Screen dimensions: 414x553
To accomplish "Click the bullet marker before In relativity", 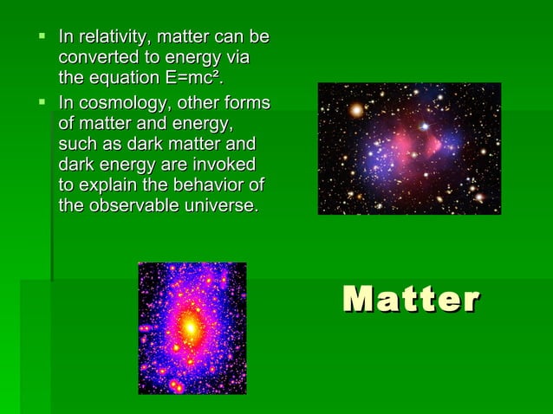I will point(41,37).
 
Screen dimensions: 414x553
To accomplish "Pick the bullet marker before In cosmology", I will point(41,103).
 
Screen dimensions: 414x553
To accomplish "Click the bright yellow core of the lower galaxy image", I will point(190,327).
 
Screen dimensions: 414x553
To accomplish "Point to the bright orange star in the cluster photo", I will point(355,110).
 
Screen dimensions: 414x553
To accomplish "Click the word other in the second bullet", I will point(204,104).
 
